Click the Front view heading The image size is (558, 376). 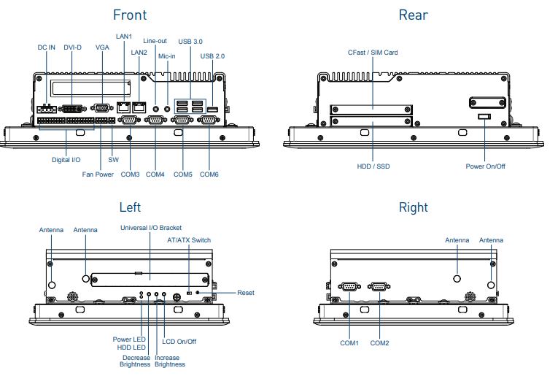[x=129, y=15]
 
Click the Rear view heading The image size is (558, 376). [x=413, y=15]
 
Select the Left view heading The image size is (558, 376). [x=130, y=208]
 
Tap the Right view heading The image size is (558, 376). [x=413, y=208]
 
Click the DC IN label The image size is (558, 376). [x=46, y=47]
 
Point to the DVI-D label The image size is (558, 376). [x=72, y=47]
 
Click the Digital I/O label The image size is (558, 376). [x=66, y=158]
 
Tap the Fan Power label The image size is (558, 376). [x=98, y=174]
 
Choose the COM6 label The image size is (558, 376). [x=209, y=174]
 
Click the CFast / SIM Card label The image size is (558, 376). [x=372, y=53]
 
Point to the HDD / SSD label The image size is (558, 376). [x=373, y=166]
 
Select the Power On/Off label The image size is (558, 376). [x=486, y=166]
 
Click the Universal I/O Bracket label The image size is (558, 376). [x=150, y=228]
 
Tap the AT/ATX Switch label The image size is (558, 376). [x=189, y=239]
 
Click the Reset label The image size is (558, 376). [x=246, y=293]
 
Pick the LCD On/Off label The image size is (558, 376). [x=179, y=341]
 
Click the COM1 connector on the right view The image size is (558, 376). [x=349, y=286]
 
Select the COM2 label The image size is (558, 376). [x=379, y=342]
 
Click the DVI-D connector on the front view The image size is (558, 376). [x=72, y=108]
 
